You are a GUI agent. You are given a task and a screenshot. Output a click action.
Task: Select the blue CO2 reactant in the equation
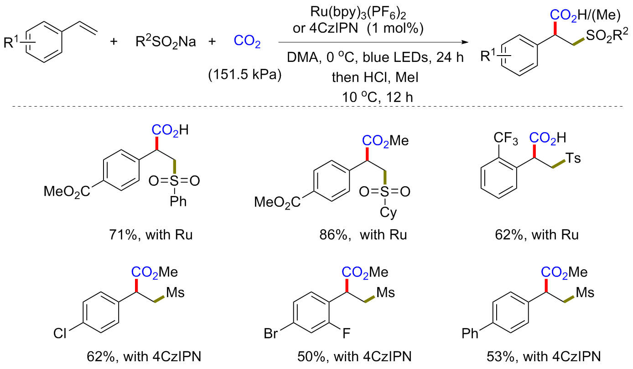247,42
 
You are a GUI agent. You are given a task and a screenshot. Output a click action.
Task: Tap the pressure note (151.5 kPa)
244,75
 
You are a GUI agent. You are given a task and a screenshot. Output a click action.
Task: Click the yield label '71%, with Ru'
149,236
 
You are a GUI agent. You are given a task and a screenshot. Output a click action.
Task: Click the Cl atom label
60,334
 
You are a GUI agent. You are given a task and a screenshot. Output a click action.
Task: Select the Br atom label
273,334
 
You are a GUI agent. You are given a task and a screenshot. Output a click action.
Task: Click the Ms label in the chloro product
175,292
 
